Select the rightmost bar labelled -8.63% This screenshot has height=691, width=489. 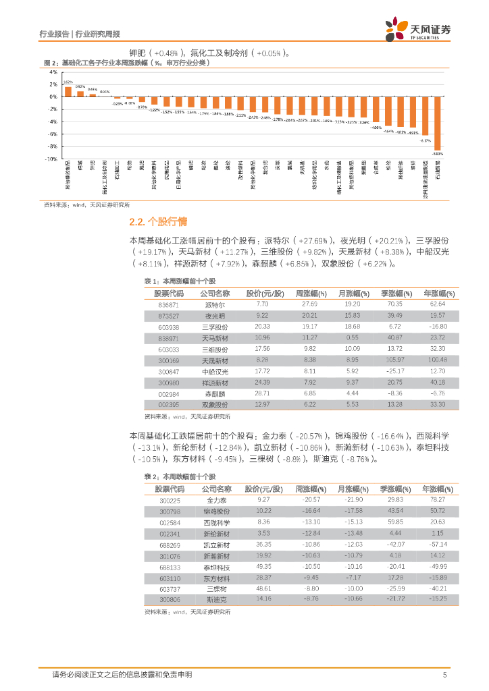pyautogui.click(x=437, y=123)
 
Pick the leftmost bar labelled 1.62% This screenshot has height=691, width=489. pyautogui.click(x=68, y=91)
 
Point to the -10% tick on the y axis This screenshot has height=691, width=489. pyautogui.click(x=51, y=159)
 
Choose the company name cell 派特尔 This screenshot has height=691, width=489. pyautogui.click(x=215, y=304)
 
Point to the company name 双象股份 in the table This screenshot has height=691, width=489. pyautogui.click(x=215, y=404)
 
